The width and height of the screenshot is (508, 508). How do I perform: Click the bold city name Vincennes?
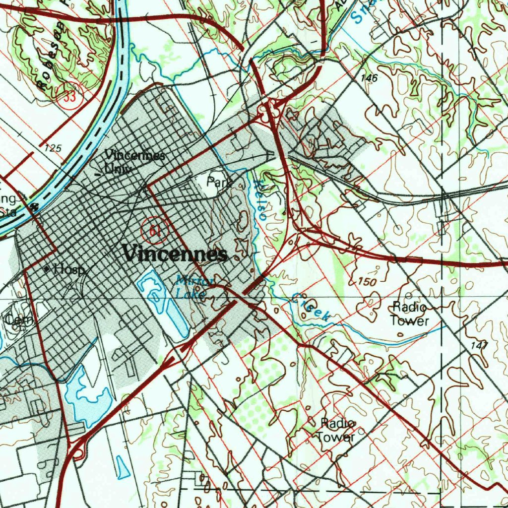(x=175, y=255)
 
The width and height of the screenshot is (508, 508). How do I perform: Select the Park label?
(x=219, y=183)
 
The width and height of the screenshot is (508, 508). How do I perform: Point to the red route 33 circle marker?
(x=69, y=97)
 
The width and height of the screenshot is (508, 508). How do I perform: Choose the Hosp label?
(x=70, y=269)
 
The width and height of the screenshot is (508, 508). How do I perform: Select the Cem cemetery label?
(x=18, y=320)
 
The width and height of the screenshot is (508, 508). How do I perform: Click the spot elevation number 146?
(x=370, y=78)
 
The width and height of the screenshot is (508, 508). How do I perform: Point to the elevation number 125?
(x=53, y=148)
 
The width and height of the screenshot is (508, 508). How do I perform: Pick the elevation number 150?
(x=367, y=282)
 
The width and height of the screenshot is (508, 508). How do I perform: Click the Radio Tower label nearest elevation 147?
(x=409, y=314)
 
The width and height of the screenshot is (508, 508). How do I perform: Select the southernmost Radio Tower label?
(x=337, y=430)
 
